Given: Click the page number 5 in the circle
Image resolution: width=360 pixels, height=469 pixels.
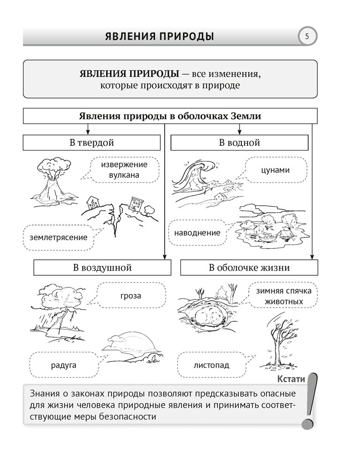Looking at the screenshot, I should [x=307, y=36].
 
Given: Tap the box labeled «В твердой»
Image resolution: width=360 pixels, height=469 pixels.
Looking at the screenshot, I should [x=92, y=143].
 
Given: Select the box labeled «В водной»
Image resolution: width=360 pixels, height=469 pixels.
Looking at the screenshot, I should [x=239, y=143].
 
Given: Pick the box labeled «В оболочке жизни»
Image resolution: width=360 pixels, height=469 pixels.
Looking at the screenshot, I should [x=249, y=268].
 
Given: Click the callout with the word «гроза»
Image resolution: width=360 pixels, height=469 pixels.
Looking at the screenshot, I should [x=130, y=296].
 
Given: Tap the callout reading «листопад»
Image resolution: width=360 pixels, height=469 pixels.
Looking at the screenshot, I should [x=211, y=364].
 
